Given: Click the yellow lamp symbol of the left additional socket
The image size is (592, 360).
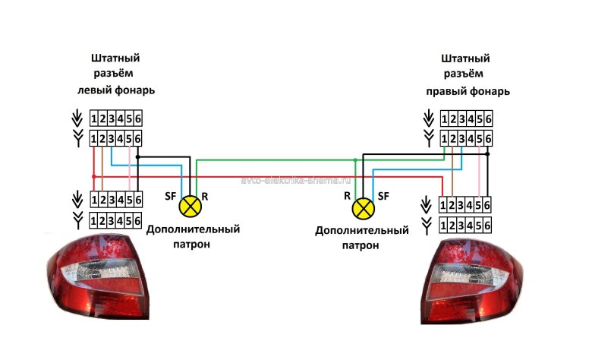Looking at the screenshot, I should pyautogui.click(x=191, y=204).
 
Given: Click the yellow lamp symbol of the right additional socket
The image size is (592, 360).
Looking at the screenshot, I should pyautogui.click(x=366, y=205).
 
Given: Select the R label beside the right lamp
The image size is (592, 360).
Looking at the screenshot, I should pyautogui.click(x=347, y=196).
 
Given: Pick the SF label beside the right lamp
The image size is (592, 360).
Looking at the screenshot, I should pyautogui.click(x=384, y=196).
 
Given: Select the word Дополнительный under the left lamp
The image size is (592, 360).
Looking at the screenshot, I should pyautogui.click(x=193, y=229).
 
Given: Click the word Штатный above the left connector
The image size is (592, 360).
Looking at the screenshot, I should pyautogui.click(x=115, y=58).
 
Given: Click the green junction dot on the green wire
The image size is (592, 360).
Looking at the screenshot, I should pyautogui.click(x=355, y=159).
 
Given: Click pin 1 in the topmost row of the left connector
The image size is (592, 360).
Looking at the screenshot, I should pyautogui.click(x=94, y=118).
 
